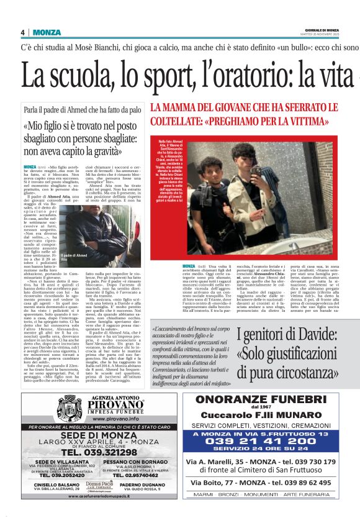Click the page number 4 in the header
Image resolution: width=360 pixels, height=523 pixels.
point(23,32)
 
